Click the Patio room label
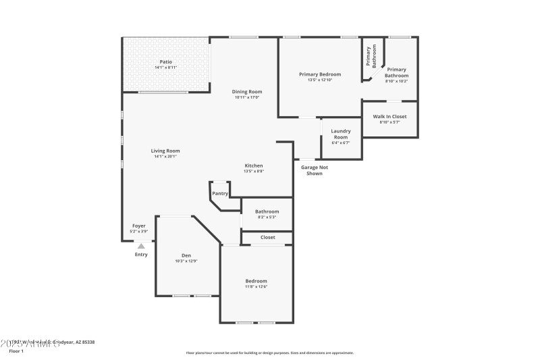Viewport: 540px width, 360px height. pyautogui.click(x=165, y=61)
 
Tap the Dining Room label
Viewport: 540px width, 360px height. pyautogui.click(x=247, y=91)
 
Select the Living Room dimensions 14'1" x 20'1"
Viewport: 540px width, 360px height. pyautogui.click(x=165, y=156)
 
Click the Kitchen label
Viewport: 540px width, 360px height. pyautogui.click(x=254, y=165)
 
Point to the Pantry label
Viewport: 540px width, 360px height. pyautogui.click(x=220, y=193)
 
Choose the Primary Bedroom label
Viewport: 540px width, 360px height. pyautogui.click(x=320, y=74)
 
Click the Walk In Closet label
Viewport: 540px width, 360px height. pyautogui.click(x=389, y=117)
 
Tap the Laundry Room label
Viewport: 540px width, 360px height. pyautogui.click(x=341, y=133)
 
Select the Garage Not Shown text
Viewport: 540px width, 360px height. pyautogui.click(x=311, y=170)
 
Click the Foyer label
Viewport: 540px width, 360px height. pyautogui.click(x=138, y=226)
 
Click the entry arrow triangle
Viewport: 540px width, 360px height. pyautogui.click(x=141, y=246)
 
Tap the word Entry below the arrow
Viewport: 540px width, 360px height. pyautogui.click(x=141, y=255)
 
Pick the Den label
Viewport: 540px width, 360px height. pyautogui.click(x=186, y=255)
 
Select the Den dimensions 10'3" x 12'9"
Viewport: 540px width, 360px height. pyautogui.click(x=186, y=261)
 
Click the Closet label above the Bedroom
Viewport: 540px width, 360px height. pyautogui.click(x=267, y=237)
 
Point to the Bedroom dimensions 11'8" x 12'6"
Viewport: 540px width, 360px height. pyautogui.click(x=256, y=286)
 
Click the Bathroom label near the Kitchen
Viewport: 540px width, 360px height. pyautogui.click(x=267, y=211)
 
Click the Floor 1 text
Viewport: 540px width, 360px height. pyautogui.click(x=16, y=351)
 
